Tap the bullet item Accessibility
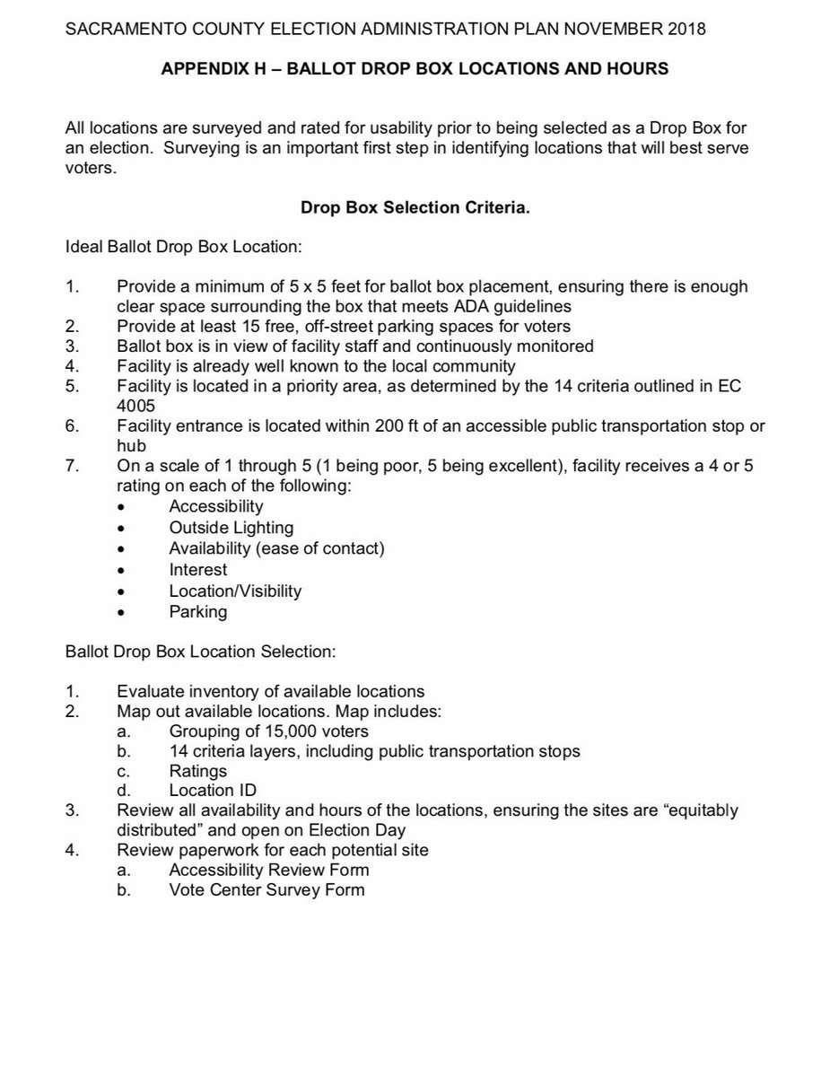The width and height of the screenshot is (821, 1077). click(x=216, y=506)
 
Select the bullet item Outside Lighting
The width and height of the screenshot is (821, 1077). click(x=231, y=528)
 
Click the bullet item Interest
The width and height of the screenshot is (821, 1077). click(x=198, y=569)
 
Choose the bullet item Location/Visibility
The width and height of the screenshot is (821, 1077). click(x=235, y=591)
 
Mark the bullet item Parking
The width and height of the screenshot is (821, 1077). click(x=198, y=612)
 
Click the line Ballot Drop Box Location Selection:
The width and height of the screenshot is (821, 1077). click(x=201, y=652)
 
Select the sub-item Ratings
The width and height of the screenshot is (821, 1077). click(x=198, y=770)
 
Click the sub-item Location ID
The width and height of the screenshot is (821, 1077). click(x=212, y=791)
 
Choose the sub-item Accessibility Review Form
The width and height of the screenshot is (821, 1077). click(x=268, y=870)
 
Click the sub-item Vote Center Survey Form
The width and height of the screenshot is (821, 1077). click(x=266, y=890)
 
